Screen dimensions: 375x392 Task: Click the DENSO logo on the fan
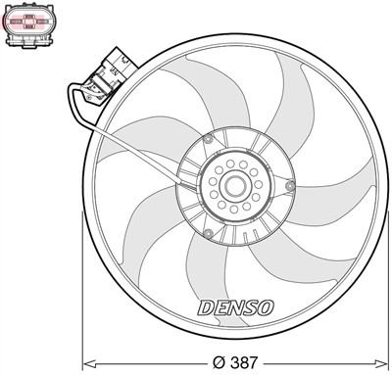click(x=236, y=306)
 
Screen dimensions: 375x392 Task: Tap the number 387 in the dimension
click(x=245, y=361)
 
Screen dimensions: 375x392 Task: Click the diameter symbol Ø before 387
click(x=217, y=361)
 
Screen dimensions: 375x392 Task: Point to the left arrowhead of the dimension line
click(x=85, y=360)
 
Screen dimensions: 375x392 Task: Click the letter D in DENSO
click(x=207, y=306)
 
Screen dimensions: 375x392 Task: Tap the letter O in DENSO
click(x=267, y=306)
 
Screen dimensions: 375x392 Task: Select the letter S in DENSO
click(x=251, y=306)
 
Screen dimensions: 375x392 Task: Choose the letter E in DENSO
click(x=221, y=306)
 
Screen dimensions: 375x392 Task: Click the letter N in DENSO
click(x=236, y=306)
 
